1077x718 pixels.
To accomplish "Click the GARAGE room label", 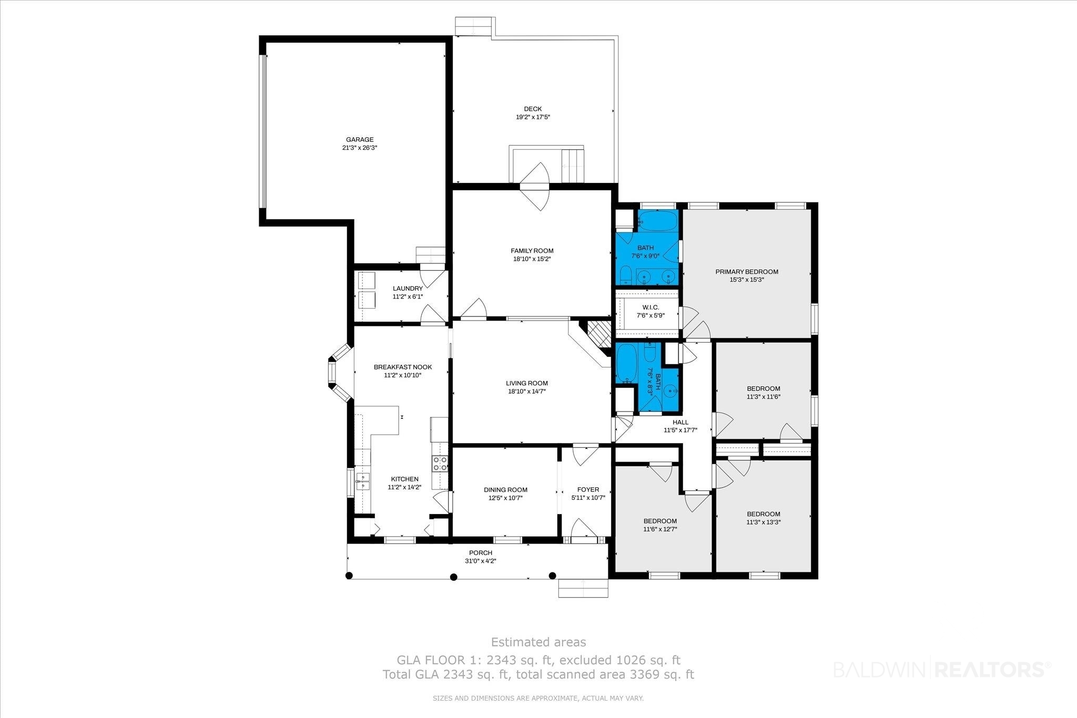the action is click(360, 140).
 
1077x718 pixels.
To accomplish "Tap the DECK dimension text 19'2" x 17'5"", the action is click(533, 117).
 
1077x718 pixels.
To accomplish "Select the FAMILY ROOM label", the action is click(532, 251).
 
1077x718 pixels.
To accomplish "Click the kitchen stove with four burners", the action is click(440, 463).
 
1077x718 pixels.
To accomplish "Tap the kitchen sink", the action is click(362, 481).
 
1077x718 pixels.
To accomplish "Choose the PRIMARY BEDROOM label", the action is click(747, 272).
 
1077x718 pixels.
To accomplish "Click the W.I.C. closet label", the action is click(651, 307).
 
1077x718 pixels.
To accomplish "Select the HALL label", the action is click(680, 422).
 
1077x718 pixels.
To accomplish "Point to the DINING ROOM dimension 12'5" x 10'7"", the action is click(505, 498).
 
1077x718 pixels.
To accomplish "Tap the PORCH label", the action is click(481, 552).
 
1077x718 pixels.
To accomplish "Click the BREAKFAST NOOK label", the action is click(403, 367).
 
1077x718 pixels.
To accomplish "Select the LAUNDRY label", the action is click(408, 289).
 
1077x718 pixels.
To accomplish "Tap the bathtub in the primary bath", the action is click(657, 220).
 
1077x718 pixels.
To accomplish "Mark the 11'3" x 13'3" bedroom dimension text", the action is click(764, 522).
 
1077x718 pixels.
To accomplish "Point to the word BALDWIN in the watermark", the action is click(881, 669).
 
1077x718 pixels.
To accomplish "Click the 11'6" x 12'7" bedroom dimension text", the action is click(660, 529).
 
